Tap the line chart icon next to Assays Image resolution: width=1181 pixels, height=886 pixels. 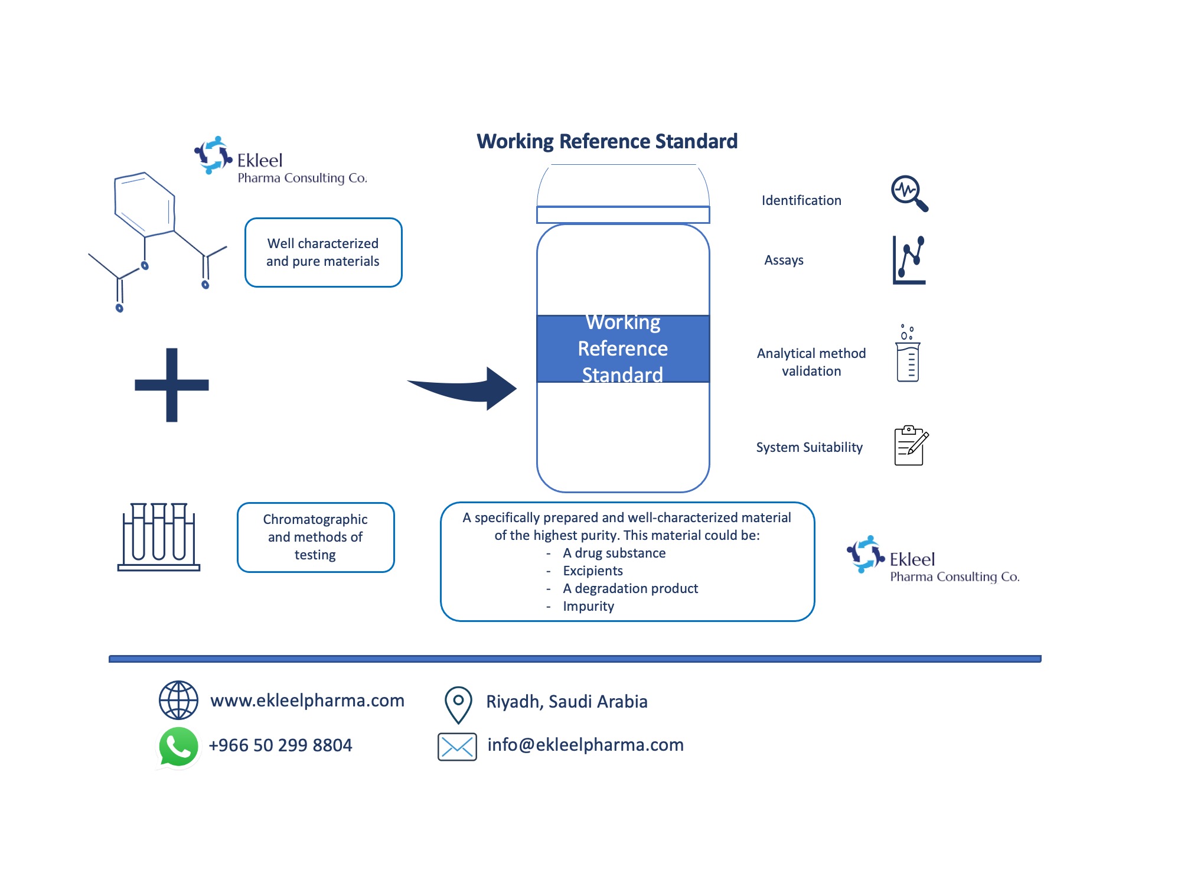tap(909, 260)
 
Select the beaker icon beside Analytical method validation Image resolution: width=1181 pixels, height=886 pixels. tap(908, 354)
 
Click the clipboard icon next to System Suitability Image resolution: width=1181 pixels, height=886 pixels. tap(911, 446)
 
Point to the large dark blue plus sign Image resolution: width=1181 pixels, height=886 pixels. tap(172, 385)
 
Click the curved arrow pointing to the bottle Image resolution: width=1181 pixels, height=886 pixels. tap(466, 389)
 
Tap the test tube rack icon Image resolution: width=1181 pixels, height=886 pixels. tap(159, 537)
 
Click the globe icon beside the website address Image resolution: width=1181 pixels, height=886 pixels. tap(178, 700)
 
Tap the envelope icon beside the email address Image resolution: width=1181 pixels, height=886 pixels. tap(457, 747)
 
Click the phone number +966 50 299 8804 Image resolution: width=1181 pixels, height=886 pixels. tap(280, 745)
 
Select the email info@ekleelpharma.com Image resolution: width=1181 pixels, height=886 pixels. tap(585, 745)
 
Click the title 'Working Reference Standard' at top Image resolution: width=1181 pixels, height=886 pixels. tap(607, 142)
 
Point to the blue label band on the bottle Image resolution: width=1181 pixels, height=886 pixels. tap(623, 348)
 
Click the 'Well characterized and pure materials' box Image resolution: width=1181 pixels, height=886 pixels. tap(323, 253)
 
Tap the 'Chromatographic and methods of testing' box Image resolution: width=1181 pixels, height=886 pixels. tap(315, 538)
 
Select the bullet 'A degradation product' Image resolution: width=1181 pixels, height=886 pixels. tap(630, 589)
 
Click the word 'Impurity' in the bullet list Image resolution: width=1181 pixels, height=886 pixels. tap(588, 607)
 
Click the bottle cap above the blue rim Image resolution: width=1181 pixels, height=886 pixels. tap(623, 186)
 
